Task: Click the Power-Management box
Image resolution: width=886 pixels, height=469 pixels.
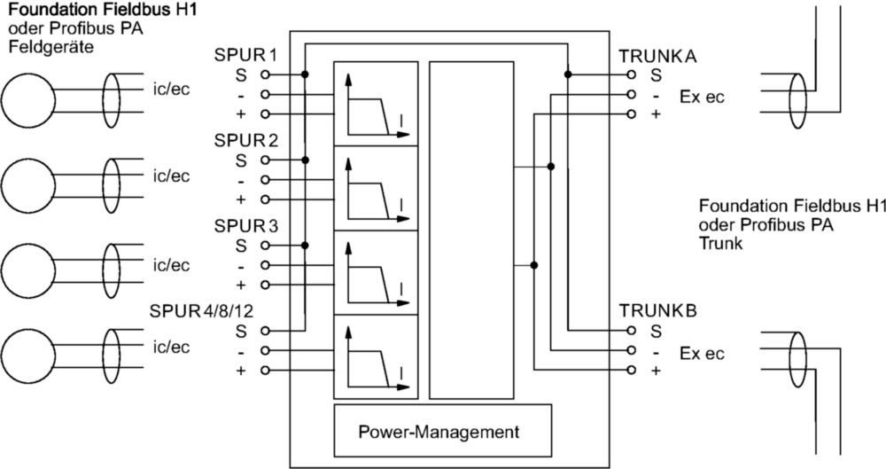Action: (442, 431)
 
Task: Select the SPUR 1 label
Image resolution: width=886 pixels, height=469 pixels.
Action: (245, 56)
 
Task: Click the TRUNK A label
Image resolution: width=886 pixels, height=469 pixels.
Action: (657, 57)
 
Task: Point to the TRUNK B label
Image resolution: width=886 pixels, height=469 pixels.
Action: (657, 310)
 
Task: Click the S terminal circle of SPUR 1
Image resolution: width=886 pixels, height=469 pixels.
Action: (265, 74)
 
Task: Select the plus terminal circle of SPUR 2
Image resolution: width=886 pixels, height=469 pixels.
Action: (265, 199)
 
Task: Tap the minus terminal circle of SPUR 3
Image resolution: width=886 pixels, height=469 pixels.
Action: (265, 265)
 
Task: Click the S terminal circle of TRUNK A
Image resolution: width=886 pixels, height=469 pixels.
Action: (632, 74)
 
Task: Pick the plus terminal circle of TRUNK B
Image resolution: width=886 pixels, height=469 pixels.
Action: (632, 371)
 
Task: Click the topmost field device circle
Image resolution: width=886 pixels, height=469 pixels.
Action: (28, 101)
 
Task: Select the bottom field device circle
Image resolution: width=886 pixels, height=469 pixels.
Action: (28, 356)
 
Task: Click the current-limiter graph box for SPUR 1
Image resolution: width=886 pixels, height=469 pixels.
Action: (376, 103)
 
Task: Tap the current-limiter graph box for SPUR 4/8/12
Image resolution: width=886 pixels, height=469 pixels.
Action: (376, 357)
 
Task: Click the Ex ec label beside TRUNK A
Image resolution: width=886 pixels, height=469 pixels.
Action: (702, 98)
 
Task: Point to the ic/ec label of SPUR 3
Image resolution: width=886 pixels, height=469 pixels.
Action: (171, 265)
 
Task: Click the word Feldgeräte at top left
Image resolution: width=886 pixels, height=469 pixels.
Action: (51, 46)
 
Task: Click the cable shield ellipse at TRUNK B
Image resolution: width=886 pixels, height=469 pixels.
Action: (797, 360)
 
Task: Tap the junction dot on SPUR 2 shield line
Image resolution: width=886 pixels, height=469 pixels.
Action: (305, 160)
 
